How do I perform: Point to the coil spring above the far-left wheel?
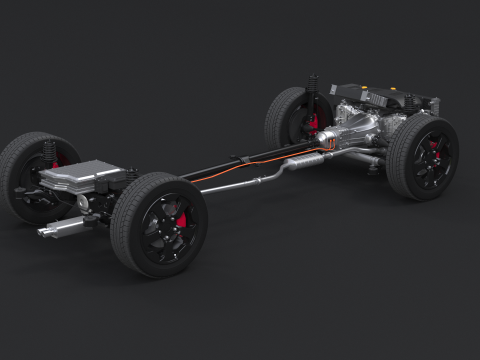[49, 154]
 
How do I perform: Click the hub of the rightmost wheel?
[432, 158]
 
